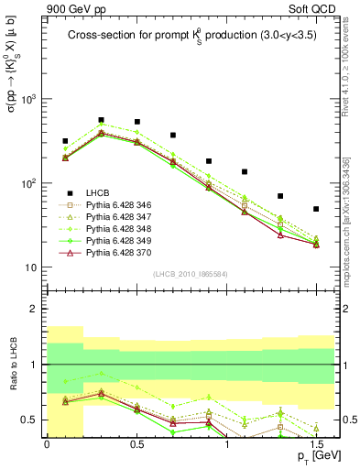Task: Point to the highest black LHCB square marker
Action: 101,120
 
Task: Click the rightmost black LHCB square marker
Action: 316,209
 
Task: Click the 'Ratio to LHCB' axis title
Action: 13,365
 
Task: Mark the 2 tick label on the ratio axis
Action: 35,310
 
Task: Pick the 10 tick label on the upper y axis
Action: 30,267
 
